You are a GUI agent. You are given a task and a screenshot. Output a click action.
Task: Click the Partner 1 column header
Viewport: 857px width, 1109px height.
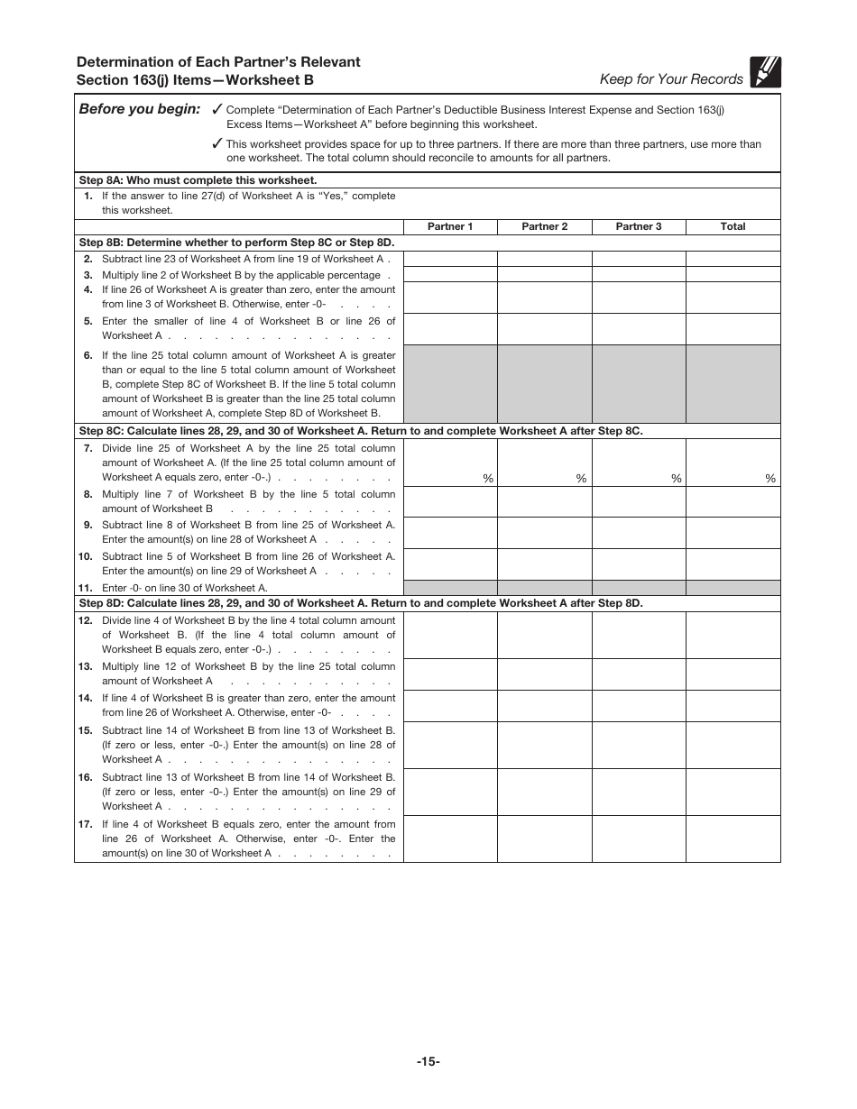pos(450,226)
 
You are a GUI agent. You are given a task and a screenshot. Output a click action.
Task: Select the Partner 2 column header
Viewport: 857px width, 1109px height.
pos(545,226)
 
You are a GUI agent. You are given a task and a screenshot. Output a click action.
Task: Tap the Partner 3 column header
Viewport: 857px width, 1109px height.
pos(639,226)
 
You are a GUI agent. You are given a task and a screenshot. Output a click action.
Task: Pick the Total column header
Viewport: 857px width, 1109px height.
pos(733,226)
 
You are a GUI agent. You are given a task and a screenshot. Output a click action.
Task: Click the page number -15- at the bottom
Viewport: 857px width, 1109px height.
pos(428,1062)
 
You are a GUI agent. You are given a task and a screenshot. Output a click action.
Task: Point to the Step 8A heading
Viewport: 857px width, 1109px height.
pos(198,180)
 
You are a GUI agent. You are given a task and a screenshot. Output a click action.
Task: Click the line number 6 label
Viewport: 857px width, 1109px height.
pos(88,355)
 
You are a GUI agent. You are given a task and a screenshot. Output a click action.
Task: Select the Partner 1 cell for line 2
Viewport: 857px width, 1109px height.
pos(450,259)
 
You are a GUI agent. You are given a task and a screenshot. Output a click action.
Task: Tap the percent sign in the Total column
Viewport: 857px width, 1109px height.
pos(770,479)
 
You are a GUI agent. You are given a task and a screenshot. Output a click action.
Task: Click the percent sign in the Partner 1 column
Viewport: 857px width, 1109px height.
pos(488,479)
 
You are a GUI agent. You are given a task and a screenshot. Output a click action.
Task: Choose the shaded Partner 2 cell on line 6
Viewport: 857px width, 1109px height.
pos(545,384)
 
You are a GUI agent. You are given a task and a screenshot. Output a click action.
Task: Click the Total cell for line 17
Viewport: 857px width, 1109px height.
pos(733,839)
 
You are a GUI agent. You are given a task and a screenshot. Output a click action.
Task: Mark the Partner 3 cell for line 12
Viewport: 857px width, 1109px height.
pos(639,635)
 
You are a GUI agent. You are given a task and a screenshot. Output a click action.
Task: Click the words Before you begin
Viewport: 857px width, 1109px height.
pos(140,109)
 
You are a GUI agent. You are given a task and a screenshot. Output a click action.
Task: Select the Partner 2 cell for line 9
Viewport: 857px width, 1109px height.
pos(545,532)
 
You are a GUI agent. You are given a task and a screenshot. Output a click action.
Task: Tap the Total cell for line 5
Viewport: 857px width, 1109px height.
pos(733,328)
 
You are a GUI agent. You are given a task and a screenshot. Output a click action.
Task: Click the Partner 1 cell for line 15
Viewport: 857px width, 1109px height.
pos(450,745)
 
